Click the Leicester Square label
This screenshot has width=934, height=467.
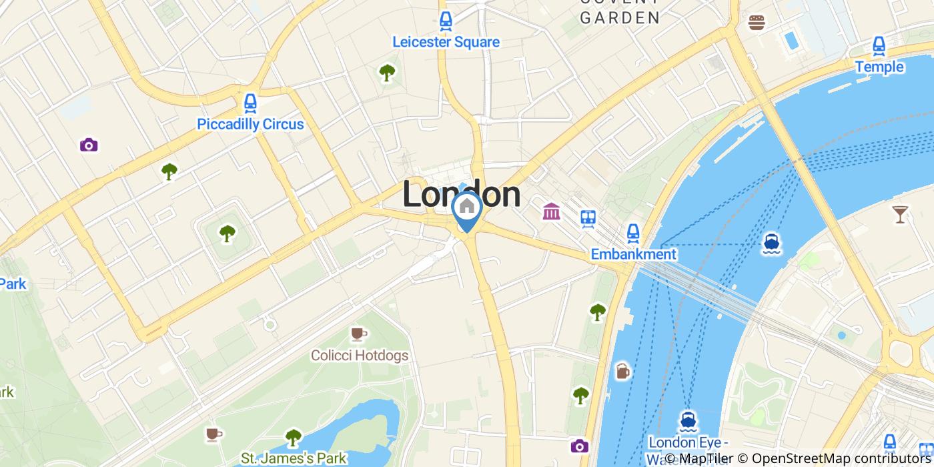[x=446, y=42]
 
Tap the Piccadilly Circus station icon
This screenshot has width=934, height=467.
[x=250, y=103]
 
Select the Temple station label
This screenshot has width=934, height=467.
[x=879, y=67]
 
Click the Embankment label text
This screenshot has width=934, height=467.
[x=633, y=254]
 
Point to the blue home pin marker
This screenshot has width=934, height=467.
[x=467, y=208]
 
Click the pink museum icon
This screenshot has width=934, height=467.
[x=552, y=212]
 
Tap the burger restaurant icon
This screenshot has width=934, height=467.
[x=757, y=23]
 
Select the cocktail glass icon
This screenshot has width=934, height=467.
[x=900, y=213]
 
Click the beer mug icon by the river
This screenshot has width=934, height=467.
[x=622, y=371]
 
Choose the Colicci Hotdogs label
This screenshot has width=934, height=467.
[x=360, y=355]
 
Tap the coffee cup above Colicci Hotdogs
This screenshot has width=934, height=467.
[x=359, y=333]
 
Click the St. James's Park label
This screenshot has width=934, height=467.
[x=294, y=458]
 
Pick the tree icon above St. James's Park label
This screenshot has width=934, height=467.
[x=293, y=437]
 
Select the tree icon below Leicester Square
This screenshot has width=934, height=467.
[x=387, y=73]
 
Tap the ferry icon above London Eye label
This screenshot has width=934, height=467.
[x=688, y=420]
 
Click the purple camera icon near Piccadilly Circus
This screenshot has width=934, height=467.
[x=89, y=145]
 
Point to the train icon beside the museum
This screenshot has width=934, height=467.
[x=588, y=218]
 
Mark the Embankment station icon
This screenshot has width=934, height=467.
[x=633, y=233]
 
